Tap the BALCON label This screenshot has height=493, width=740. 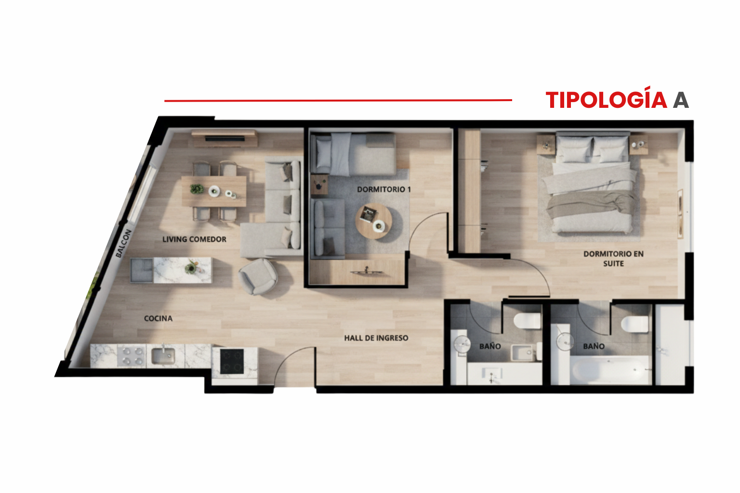click(123, 244)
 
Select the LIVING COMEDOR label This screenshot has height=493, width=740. click(194, 239)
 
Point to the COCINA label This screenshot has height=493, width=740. click(158, 319)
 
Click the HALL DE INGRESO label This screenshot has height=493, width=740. click(376, 338)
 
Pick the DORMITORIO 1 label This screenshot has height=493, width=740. click(384, 190)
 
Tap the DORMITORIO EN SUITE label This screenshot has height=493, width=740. click(613, 259)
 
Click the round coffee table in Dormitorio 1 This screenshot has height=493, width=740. click(374, 221)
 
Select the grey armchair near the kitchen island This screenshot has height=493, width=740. click(258, 276)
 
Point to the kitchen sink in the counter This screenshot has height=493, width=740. click(163, 356)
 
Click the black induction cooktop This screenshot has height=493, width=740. click(232, 361)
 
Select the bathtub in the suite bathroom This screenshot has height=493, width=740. click(609, 370)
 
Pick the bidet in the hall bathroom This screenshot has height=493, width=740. click(522, 353)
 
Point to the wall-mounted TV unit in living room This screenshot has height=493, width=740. click(225, 138)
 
